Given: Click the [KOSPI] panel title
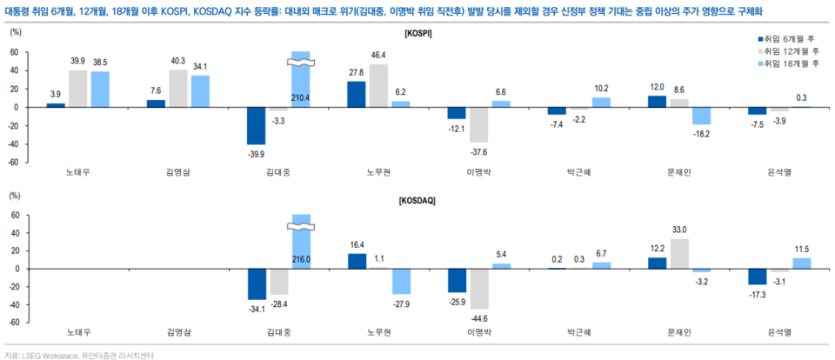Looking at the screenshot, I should (418, 32).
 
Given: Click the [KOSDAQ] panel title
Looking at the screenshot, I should (418, 201).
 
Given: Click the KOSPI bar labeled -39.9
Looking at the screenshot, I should (257, 125).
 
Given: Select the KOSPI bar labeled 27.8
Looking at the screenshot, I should (357, 94).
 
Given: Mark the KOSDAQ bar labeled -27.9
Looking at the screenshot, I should (401, 282).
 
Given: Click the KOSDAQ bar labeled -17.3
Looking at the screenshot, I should (758, 277).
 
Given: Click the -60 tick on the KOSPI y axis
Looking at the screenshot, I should (13, 162).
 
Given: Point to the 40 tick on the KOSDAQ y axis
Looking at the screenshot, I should (15, 232).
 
